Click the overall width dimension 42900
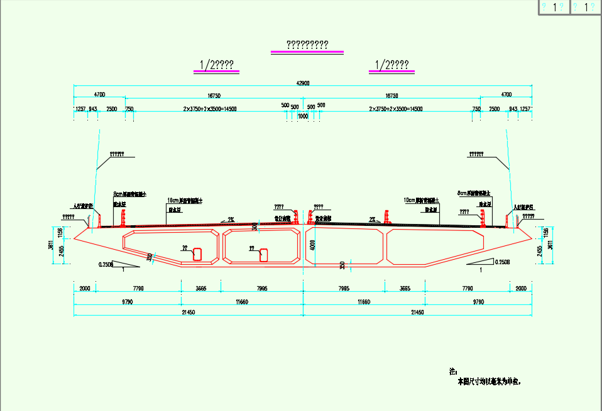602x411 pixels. [303, 83]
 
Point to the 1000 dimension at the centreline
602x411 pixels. [303, 116]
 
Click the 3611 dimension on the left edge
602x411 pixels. [51, 245]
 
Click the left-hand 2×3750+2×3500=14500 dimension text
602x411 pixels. [210, 109]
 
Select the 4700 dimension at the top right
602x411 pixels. [506, 95]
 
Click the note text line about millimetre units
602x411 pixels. [490, 381]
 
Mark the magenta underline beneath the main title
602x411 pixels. [307, 51]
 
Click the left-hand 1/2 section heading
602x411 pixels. [217, 65]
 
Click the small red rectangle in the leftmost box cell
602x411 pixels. [197, 254]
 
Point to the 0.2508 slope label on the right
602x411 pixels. [501, 262]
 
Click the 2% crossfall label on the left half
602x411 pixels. [231, 220]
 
